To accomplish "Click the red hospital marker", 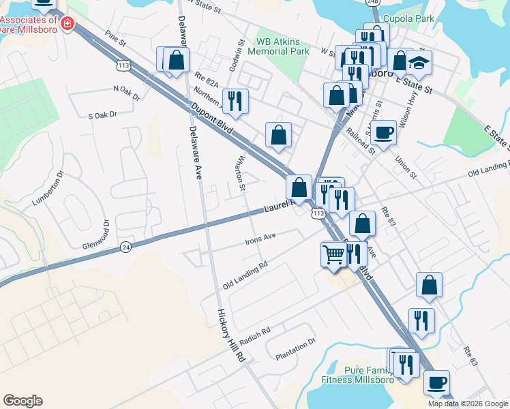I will pos(67,25).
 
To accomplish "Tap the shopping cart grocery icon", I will pos(333,254).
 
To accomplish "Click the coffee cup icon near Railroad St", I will pos(384,132).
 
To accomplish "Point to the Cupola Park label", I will pos(409,19).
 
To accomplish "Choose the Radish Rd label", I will pos(256,333).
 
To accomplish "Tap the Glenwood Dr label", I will pos(96,236).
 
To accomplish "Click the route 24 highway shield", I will pos(125,247).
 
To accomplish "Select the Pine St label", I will pos(116,41).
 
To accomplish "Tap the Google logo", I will pos(22,401).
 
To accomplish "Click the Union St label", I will pos(406,167).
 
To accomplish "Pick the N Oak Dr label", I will pos(126,93).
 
